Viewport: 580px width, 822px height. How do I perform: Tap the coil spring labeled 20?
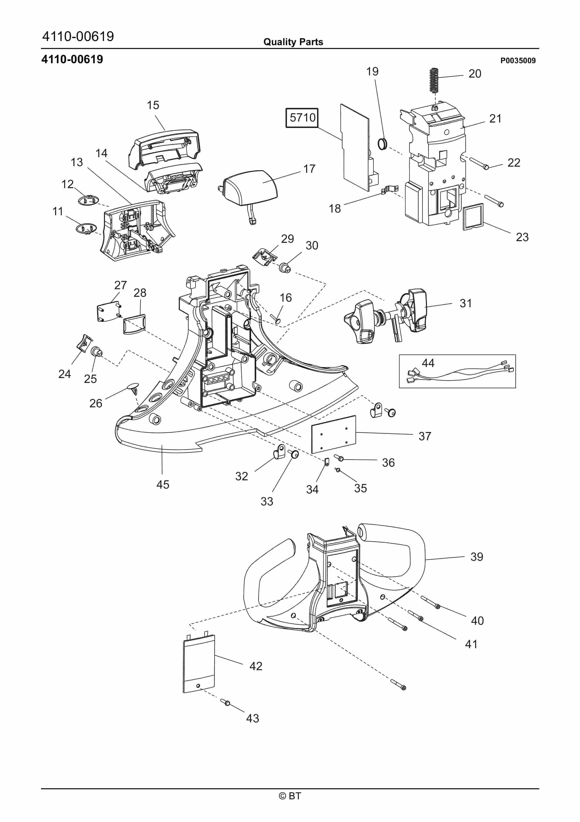[x=434, y=80]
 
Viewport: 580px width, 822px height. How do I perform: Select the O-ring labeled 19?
[x=382, y=144]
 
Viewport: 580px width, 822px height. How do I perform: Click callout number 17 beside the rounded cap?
[x=309, y=169]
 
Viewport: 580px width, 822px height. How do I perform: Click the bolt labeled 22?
[x=477, y=164]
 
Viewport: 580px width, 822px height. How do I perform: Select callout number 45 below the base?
[x=163, y=484]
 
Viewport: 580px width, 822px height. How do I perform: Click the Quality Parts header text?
[x=293, y=42]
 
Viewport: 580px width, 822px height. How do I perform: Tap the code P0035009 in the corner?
[x=517, y=61]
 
